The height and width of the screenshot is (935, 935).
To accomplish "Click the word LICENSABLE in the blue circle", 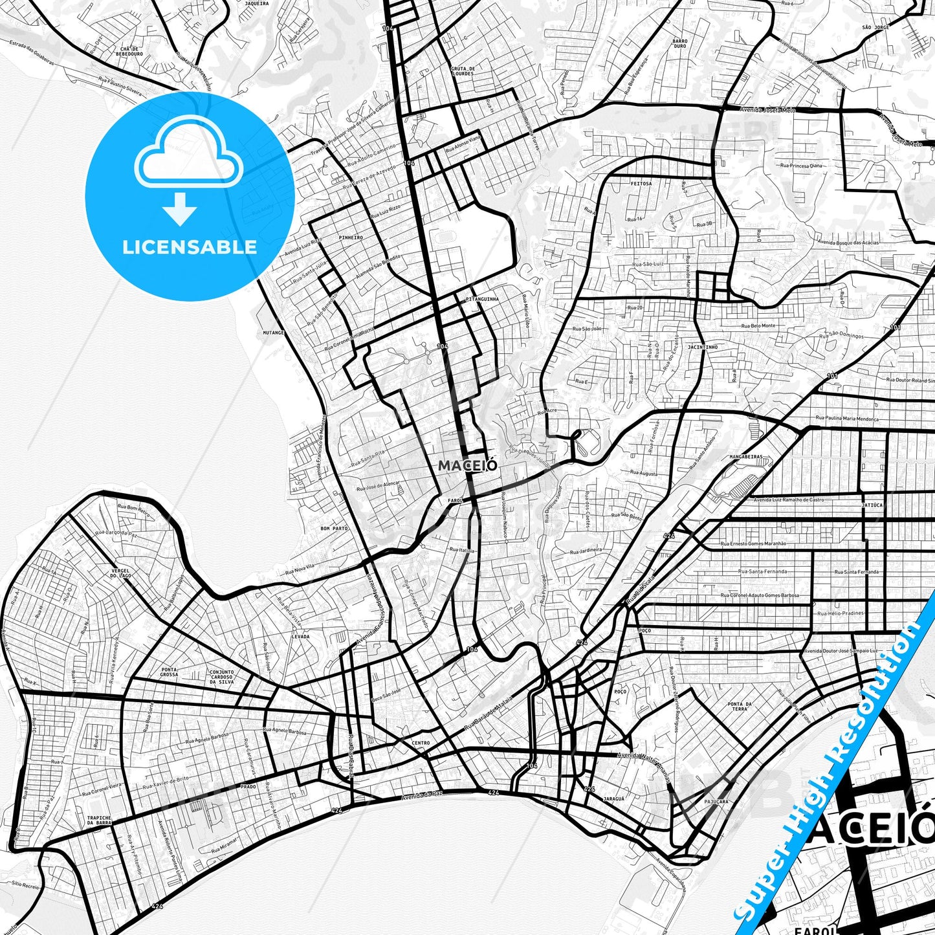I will (190, 247).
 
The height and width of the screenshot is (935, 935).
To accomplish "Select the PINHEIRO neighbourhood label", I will (351, 237).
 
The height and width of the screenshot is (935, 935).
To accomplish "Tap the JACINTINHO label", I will (703, 347).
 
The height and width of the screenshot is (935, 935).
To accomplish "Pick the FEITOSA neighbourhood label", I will (641, 183).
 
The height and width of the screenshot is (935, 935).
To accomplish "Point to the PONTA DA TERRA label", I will (740, 706).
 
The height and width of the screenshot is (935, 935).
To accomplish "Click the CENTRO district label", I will (420, 743).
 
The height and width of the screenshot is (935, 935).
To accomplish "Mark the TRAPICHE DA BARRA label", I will (99, 821).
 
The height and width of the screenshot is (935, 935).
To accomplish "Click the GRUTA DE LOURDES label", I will (463, 71).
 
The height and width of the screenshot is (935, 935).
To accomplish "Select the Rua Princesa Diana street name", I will (801, 166).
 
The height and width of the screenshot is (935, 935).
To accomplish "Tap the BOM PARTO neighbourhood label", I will (334, 528).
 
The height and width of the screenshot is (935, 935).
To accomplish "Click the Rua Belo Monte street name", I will (758, 325).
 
